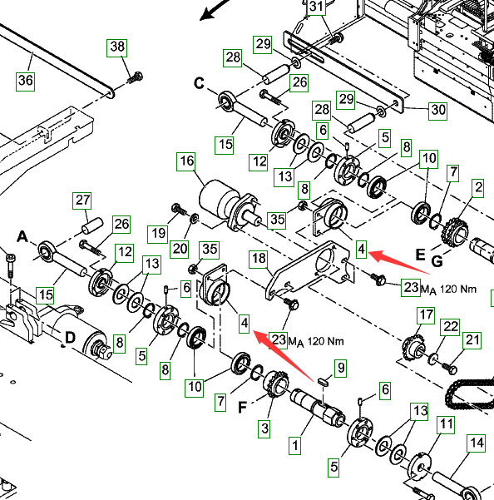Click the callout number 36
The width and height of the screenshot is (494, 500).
coord(26,82)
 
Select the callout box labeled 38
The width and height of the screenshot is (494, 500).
coord(117,47)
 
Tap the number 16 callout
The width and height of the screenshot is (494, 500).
coord(186,161)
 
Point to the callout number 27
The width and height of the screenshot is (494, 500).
coord(82,200)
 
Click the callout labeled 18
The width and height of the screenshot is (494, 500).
coord(259,259)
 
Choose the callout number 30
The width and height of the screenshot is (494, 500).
coord(438,111)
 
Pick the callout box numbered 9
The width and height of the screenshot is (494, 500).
coord(341,369)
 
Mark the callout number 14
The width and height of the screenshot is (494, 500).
coord(477,443)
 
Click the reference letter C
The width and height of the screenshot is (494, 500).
coord(199,83)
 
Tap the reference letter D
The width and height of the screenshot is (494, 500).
coord(70,338)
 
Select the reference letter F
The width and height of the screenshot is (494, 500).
coord(243,407)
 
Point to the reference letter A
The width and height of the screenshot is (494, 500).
coord(22,237)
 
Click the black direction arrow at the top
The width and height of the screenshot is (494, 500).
coord(215,10)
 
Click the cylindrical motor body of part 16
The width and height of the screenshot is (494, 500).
coord(213,198)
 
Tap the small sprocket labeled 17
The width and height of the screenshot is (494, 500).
coord(413,349)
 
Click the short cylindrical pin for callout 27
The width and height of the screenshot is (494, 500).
coord(93,225)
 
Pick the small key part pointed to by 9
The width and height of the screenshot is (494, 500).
coord(324,381)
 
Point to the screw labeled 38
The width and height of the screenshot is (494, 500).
coord(135,77)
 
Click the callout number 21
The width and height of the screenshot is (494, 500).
coord(472,340)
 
